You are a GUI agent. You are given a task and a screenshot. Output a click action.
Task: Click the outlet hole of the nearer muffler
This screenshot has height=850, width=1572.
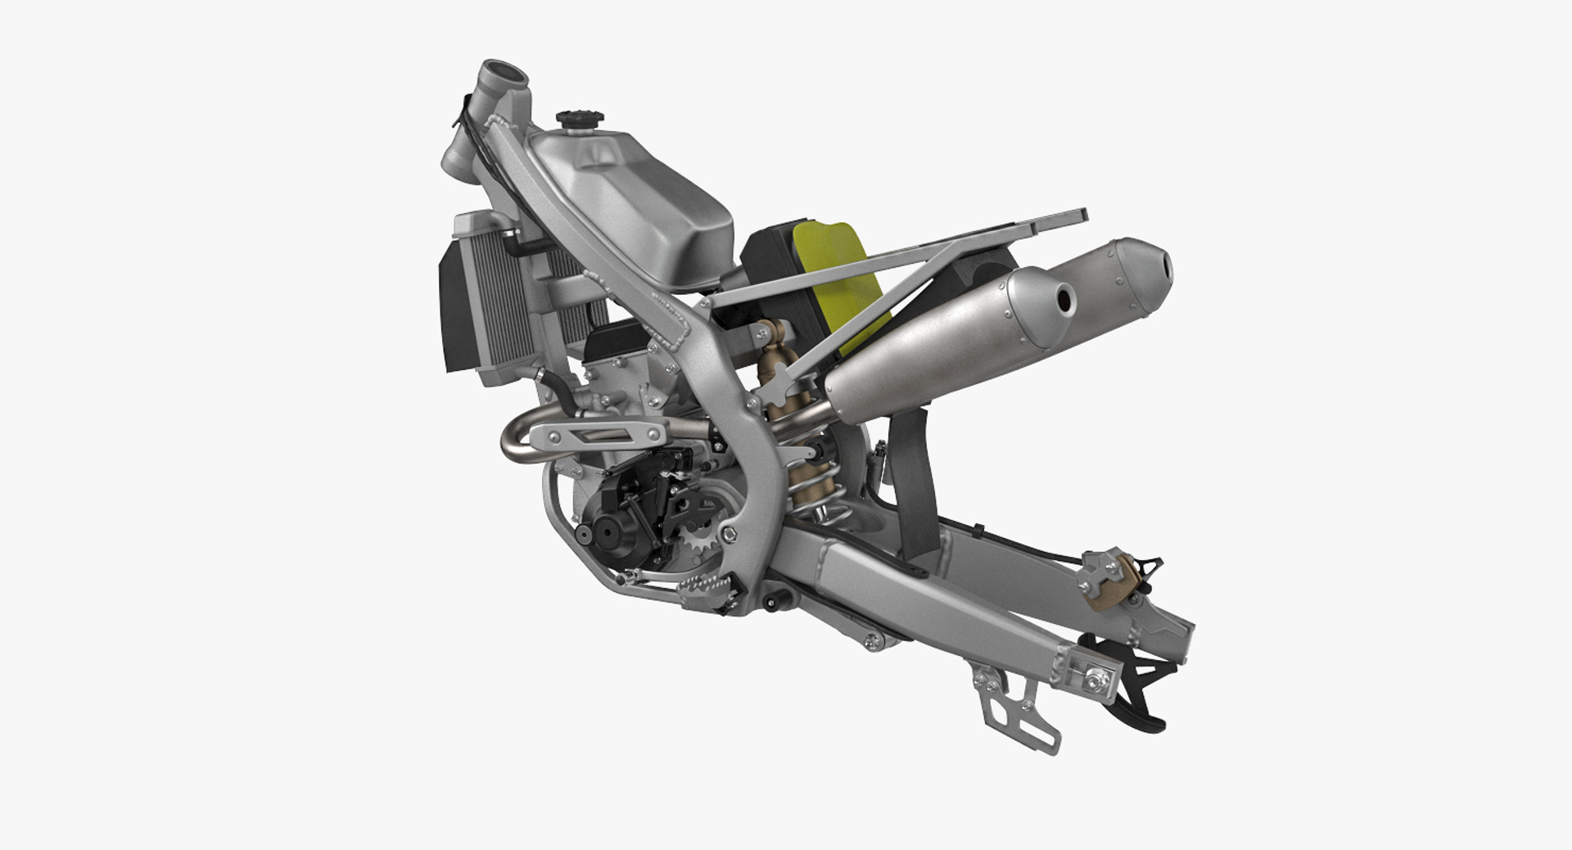pos(1064,300)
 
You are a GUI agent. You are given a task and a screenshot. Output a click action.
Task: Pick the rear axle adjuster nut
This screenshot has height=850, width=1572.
pos(1092,676)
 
